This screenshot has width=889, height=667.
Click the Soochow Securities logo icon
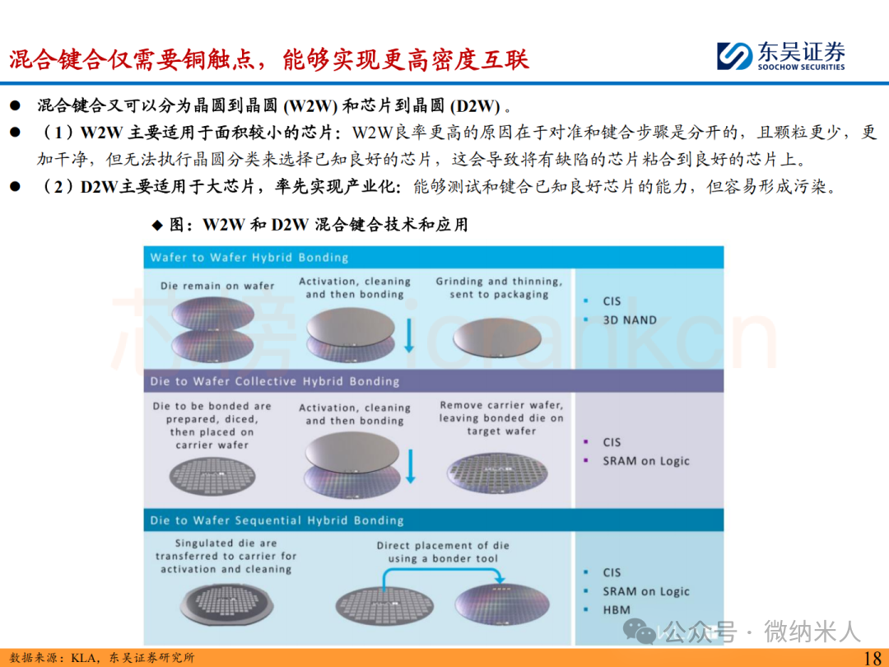pyautogui.click(x=734, y=56)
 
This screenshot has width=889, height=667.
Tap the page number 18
pyautogui.click(x=872, y=658)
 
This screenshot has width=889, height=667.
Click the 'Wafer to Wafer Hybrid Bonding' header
pyautogui.click(x=249, y=258)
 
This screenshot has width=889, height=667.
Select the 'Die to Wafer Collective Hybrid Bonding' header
pyautogui.click(x=274, y=382)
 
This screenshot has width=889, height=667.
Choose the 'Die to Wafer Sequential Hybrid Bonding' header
pyautogui.click(x=277, y=520)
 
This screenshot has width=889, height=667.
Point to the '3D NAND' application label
pyautogui.click(x=630, y=320)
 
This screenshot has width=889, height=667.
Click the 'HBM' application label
pyautogui.click(x=617, y=609)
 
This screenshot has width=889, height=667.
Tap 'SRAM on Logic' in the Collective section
pyautogui.click(x=646, y=461)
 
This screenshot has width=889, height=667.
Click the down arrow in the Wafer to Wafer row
pyautogui.click(x=409, y=335)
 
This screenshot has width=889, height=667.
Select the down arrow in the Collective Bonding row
pyautogui.click(x=411, y=466)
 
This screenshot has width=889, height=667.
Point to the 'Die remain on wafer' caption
pyautogui.click(x=217, y=286)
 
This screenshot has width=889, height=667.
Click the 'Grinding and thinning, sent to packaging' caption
pyautogui.click(x=499, y=287)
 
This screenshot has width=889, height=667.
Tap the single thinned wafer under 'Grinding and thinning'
pyautogui.click(x=497, y=338)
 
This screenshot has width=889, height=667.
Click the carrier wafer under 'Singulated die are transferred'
pyautogui.click(x=227, y=605)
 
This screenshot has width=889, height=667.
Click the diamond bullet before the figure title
pyautogui.click(x=157, y=226)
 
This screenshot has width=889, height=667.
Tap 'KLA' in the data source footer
pyautogui.click(x=81, y=658)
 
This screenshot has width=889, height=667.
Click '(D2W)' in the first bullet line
pyautogui.click(x=475, y=106)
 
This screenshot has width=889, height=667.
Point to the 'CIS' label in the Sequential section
pyautogui.click(x=612, y=572)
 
